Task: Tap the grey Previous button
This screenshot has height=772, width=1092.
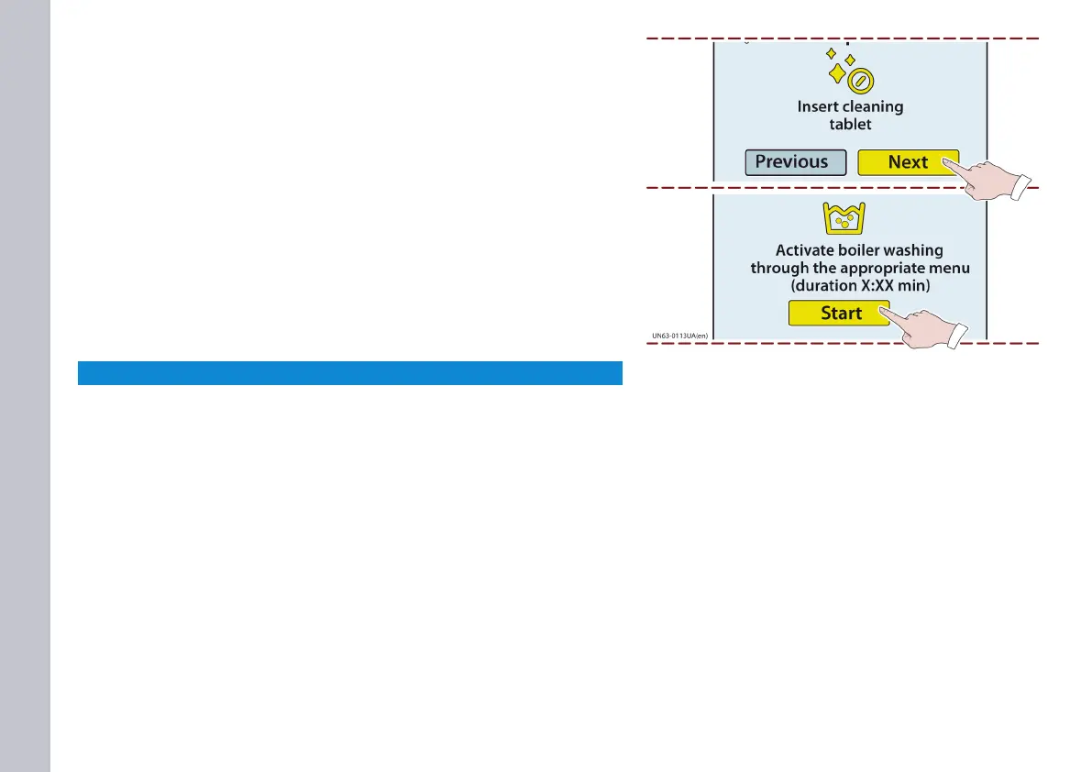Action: click(x=794, y=162)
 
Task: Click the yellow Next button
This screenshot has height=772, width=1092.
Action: click(x=908, y=162)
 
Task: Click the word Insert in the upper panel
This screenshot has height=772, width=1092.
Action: click(x=817, y=107)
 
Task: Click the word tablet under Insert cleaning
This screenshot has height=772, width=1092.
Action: click(x=850, y=125)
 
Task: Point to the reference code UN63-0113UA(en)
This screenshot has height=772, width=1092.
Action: click(x=679, y=336)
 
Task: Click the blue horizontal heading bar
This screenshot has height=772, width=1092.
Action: click(x=349, y=373)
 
